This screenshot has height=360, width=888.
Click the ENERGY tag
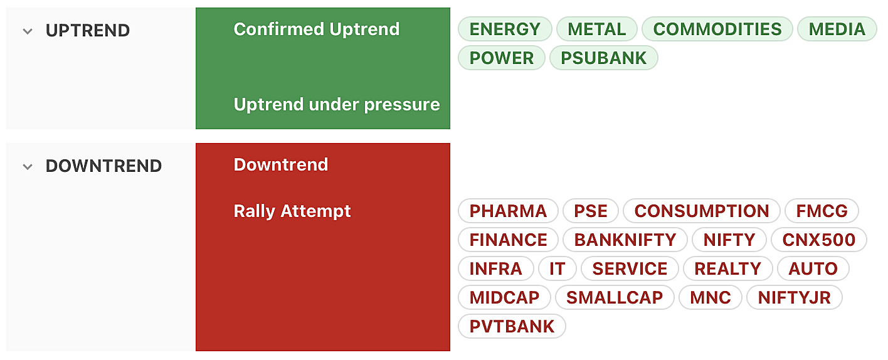click(x=505, y=29)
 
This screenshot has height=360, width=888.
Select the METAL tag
click(x=596, y=29)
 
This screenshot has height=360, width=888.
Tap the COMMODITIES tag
click(x=717, y=29)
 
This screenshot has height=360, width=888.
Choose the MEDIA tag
click(x=837, y=29)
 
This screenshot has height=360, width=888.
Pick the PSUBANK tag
click(x=604, y=58)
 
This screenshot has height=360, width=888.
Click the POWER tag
click(x=502, y=58)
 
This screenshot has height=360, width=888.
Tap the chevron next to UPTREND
click(x=28, y=31)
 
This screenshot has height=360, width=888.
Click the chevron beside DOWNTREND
click(x=28, y=167)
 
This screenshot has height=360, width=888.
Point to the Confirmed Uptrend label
click(x=316, y=29)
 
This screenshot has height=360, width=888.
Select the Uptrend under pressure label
click(x=337, y=105)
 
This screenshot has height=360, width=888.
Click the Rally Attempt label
click(x=292, y=211)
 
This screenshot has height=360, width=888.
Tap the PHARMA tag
click(x=508, y=211)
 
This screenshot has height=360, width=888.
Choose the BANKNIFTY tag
click(x=625, y=240)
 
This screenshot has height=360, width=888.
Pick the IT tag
click(x=558, y=269)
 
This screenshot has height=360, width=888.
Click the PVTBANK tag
click(x=512, y=326)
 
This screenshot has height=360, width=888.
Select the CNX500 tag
click(x=818, y=240)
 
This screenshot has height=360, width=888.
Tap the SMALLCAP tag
click(x=615, y=297)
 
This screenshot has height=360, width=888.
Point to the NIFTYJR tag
click(x=794, y=297)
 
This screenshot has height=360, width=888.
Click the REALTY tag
click(x=728, y=269)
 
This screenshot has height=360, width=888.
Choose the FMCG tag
click(x=822, y=211)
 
